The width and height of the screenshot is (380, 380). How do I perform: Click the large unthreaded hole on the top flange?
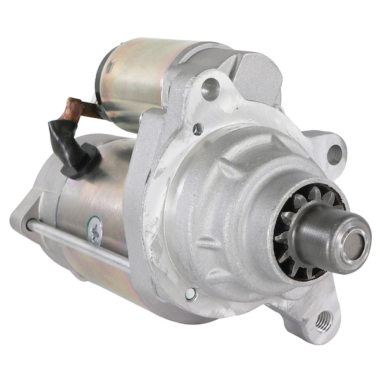click(x=210, y=89)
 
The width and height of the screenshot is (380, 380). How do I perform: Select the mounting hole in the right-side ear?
click(x=334, y=152)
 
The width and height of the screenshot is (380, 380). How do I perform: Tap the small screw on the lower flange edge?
click(x=190, y=294)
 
